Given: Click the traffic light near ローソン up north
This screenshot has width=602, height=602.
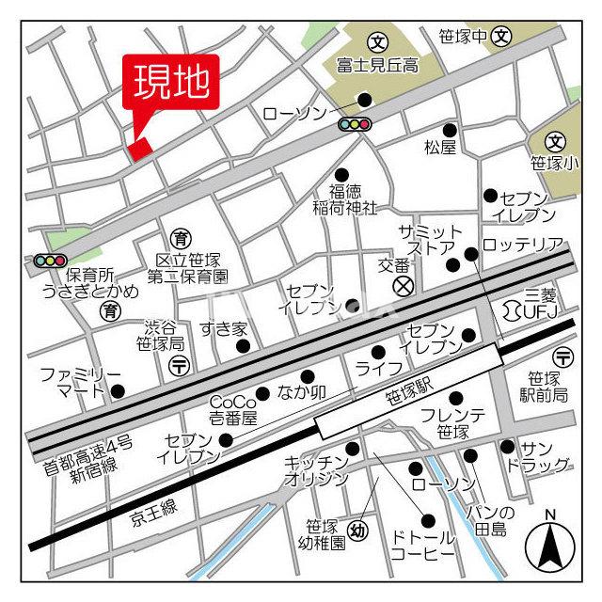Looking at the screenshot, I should tap(354, 125).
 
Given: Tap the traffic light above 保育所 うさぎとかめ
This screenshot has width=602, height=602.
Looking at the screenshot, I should tap(49, 260).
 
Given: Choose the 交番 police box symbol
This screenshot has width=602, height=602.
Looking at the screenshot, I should tap(402, 285).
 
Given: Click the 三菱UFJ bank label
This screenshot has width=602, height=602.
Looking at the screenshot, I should tap(539, 303).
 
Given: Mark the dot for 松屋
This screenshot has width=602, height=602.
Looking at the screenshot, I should tap(450, 130).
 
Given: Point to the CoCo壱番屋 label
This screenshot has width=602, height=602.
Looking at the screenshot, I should tap(231, 406).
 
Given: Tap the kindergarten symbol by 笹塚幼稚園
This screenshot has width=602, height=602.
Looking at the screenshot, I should tap(357, 531).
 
